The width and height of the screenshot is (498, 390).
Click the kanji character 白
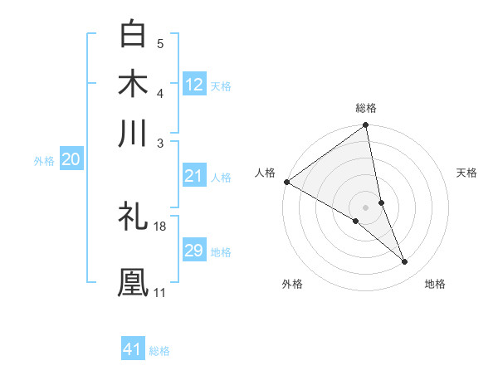134,34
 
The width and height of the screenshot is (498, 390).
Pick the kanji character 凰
134,281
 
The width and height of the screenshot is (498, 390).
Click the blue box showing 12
194,85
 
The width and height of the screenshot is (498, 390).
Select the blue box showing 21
194,176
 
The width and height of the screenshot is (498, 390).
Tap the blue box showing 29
194,251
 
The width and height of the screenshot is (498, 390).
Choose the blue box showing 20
71,160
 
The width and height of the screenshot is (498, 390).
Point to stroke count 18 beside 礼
160,226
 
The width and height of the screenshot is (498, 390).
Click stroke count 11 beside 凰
159,292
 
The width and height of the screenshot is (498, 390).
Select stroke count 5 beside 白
160,44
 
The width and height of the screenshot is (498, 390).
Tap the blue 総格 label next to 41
159,351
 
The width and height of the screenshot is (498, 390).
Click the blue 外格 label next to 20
44,161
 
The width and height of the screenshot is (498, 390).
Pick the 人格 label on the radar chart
265,173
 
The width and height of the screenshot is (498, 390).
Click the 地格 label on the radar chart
435,284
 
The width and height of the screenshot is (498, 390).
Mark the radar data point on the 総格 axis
366,126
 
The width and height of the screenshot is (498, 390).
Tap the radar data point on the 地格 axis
405,262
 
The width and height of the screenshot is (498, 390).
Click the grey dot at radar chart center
366,206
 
